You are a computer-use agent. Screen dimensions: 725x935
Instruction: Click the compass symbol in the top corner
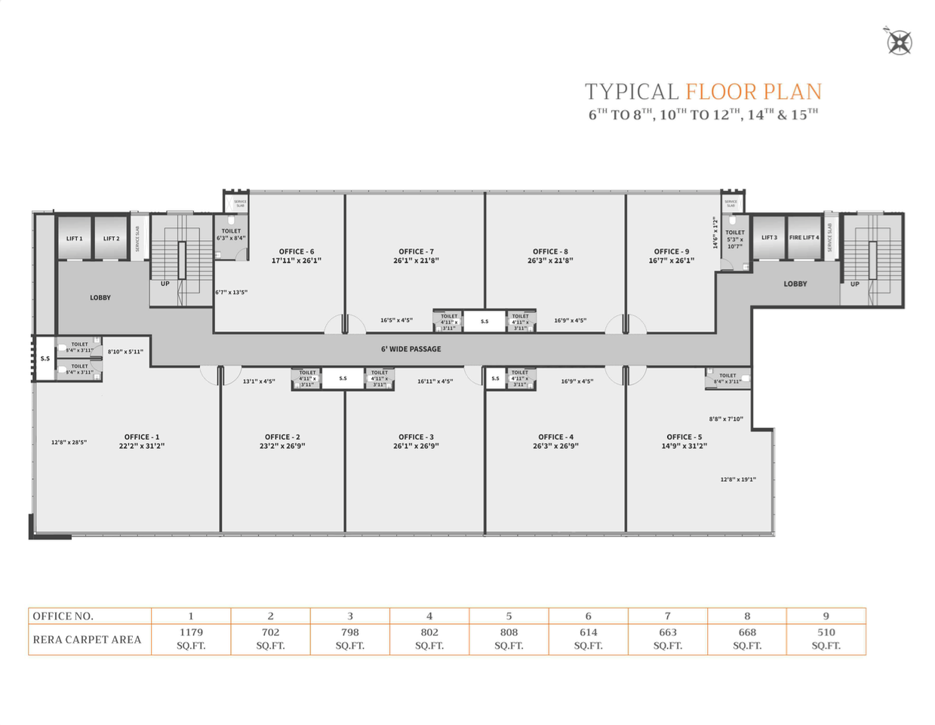899,41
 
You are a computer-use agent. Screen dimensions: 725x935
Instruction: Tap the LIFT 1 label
75,238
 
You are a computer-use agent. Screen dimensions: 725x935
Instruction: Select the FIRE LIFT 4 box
804,238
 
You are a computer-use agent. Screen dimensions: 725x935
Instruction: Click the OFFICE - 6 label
297,252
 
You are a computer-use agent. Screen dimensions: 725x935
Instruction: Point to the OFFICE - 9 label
671,252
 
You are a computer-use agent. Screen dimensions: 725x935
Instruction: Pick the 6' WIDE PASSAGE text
411,349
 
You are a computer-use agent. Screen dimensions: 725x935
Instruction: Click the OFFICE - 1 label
142,437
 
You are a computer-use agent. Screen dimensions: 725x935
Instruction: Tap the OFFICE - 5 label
684,437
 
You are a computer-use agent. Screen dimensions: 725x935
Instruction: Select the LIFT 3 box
769,238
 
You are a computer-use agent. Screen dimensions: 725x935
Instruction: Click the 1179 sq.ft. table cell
191,638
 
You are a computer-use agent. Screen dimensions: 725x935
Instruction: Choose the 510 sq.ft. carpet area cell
826,638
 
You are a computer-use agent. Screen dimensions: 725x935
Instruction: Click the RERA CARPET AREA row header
88,640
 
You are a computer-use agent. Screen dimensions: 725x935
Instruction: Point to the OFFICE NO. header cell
63,616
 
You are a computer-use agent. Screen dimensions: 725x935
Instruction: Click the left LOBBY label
100,298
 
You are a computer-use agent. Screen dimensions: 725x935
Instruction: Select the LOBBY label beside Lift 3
795,284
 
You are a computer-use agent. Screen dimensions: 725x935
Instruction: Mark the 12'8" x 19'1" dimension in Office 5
737,479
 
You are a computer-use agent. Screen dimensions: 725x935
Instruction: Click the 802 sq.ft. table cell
429,638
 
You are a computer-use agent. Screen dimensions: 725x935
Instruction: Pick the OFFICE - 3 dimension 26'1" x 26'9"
416,446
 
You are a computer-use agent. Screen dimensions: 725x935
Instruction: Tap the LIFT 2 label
111,238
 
